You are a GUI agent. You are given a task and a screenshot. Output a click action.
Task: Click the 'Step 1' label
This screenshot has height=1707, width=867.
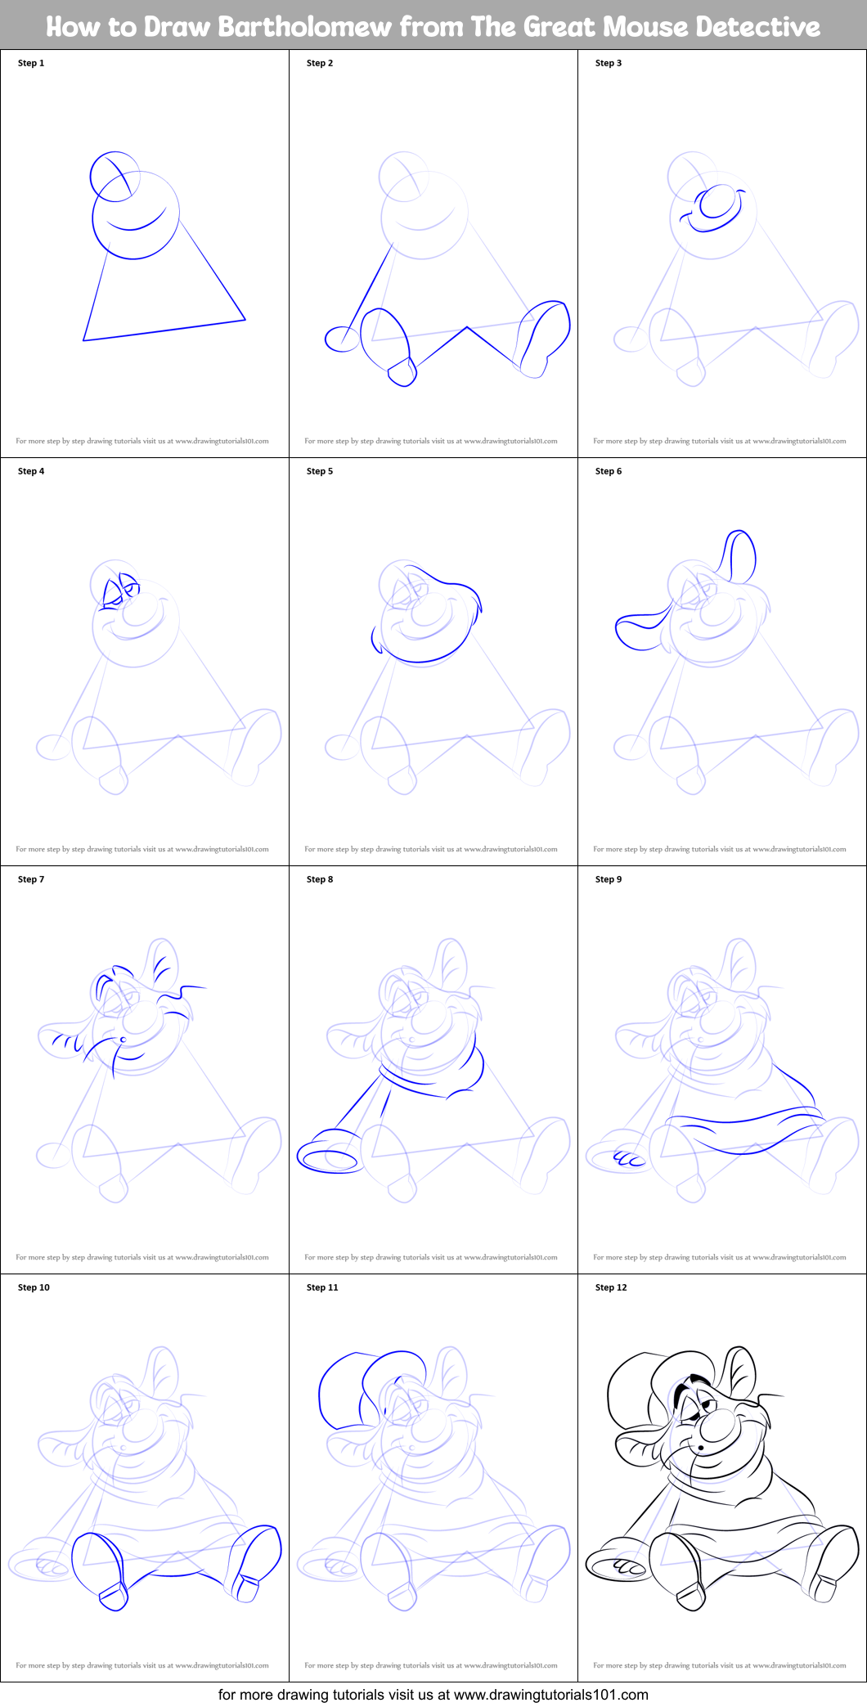pyautogui.click(x=31, y=63)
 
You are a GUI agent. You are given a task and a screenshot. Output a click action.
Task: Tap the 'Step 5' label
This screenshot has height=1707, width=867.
pyautogui.click(x=320, y=471)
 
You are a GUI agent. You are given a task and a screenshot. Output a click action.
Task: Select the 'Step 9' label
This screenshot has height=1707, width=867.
pyautogui.click(x=609, y=879)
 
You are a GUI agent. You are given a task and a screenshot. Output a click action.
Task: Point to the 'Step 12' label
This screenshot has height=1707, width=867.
pyautogui.click(x=611, y=1287)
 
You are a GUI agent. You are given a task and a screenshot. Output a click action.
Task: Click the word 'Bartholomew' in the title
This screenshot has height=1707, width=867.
pyautogui.click(x=305, y=27)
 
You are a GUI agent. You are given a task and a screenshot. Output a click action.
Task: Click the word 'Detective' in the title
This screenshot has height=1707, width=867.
pyautogui.click(x=758, y=27)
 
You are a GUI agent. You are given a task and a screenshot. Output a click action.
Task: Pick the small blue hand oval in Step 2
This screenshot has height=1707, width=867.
pyautogui.click(x=341, y=339)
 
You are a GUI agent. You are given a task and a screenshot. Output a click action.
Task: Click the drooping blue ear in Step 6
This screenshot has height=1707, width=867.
pyautogui.click(x=640, y=631)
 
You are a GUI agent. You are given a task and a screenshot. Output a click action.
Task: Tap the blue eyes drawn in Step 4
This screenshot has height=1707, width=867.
pyautogui.click(x=118, y=591)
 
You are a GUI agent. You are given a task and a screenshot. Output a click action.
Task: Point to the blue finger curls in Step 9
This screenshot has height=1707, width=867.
pyautogui.click(x=629, y=1158)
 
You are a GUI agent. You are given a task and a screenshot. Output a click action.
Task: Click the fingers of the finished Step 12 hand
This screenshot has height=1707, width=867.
pyautogui.click(x=629, y=1566)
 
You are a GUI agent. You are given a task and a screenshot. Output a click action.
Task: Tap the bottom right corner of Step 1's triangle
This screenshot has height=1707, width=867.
pyautogui.click(x=245, y=319)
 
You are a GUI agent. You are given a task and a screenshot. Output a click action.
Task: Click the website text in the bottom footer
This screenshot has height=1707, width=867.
pyautogui.click(x=550, y=1694)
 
